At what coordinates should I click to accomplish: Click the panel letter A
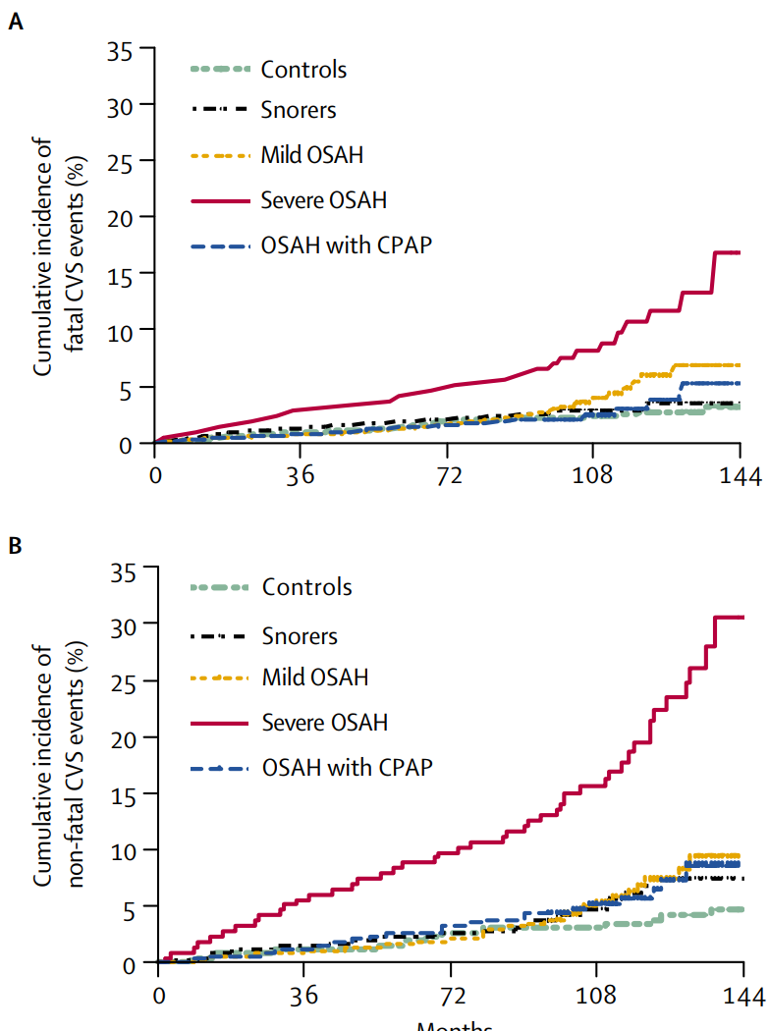[x=15, y=22]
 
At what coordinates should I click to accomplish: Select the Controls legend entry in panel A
[x=302, y=70]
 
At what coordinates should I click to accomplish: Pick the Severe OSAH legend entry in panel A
[x=323, y=200]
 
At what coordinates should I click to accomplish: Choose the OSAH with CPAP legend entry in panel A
[x=346, y=245]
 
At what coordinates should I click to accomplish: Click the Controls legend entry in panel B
[x=306, y=588]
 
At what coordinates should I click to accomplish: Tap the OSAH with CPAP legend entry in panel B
[x=347, y=767]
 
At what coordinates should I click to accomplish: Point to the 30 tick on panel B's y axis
[x=128, y=624]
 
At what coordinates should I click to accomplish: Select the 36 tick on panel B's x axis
[x=305, y=996]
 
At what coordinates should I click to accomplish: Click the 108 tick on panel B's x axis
[x=595, y=996]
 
